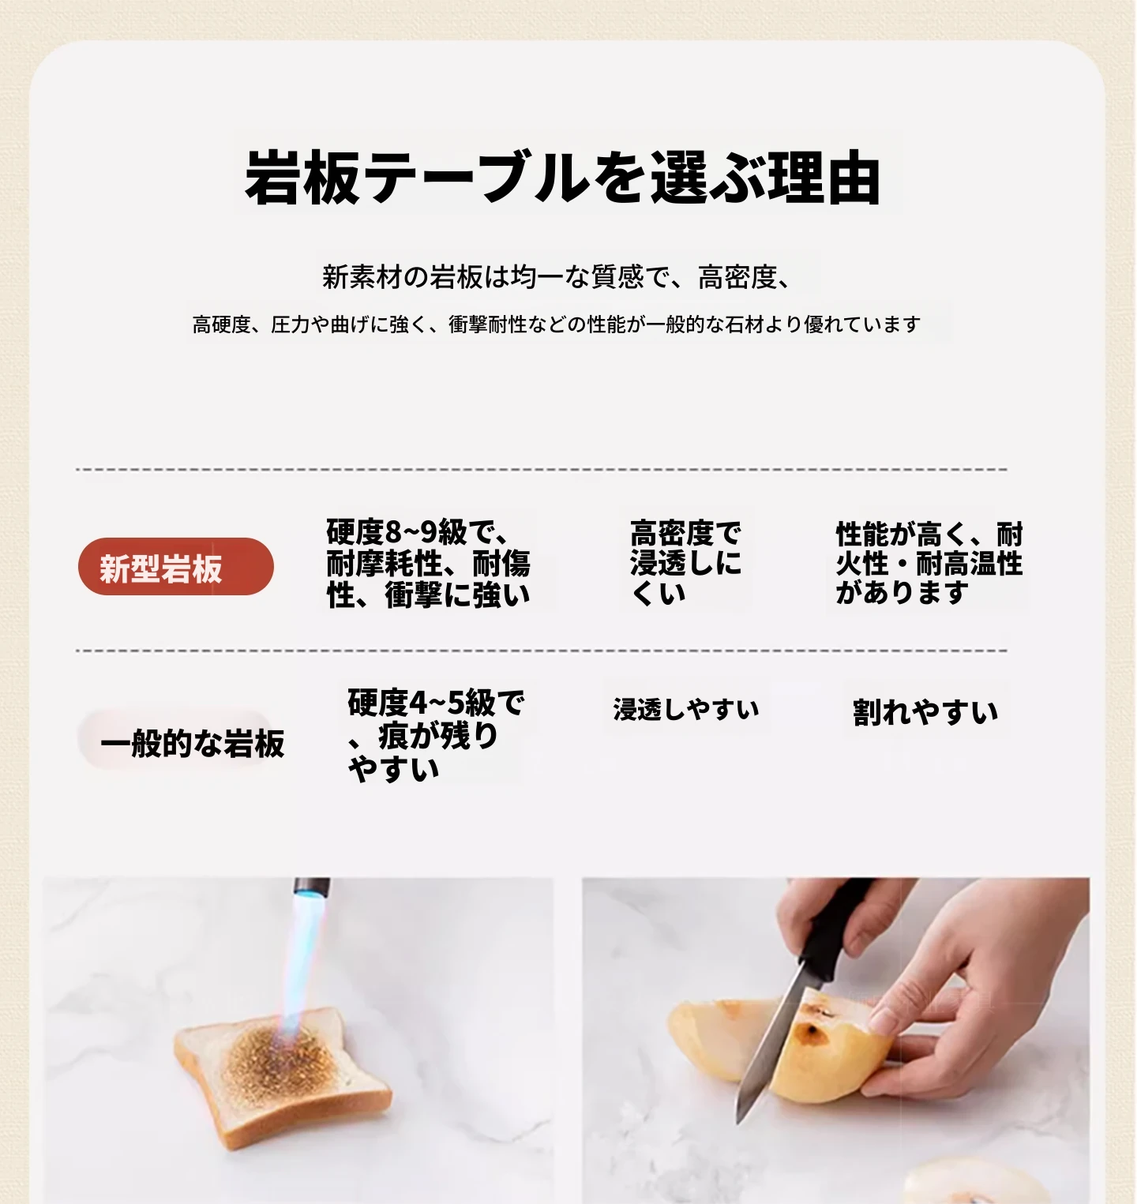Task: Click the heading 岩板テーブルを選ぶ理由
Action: pyautogui.click(x=562, y=178)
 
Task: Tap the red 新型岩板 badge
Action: pyautogui.click(x=176, y=567)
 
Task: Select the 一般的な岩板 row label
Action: pyautogui.click(x=192, y=743)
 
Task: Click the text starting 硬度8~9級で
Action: pyautogui.click(x=429, y=564)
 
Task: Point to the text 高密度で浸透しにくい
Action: pyautogui.click(x=685, y=562)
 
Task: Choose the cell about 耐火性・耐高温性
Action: pyautogui.click(x=929, y=563)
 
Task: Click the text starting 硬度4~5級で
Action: pyautogui.click(x=436, y=735)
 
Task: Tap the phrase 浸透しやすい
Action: pyautogui.click(x=686, y=709)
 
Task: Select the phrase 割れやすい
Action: pyautogui.click(x=925, y=712)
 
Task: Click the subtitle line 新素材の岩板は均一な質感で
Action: pyautogui.click(x=557, y=277)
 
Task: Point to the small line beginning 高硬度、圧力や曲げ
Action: pyautogui.click(x=557, y=324)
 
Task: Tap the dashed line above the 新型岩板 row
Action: pyautogui.click(x=542, y=470)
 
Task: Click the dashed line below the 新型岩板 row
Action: pyautogui.click(x=542, y=651)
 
